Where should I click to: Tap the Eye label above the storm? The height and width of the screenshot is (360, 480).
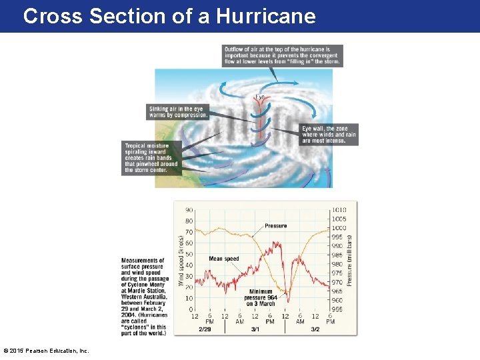tap(260, 97)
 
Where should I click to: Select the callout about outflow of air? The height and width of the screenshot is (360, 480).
tap(283, 55)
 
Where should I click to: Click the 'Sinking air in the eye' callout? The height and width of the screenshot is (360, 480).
tap(178, 111)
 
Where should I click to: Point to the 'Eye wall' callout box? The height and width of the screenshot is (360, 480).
tap(329, 135)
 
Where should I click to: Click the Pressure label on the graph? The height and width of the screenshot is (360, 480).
tap(276, 226)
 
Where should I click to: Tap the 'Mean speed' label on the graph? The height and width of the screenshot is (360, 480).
tap(223, 259)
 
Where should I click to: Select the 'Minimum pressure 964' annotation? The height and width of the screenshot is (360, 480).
tap(260, 297)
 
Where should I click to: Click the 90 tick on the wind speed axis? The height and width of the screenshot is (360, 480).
tap(189, 210)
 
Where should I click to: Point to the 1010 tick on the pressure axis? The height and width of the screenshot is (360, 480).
tap(339, 210)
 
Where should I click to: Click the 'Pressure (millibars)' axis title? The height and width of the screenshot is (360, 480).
tap(349, 260)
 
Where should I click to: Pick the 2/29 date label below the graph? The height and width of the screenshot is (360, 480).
tap(205, 329)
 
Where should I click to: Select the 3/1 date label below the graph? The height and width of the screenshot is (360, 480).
tap(255, 329)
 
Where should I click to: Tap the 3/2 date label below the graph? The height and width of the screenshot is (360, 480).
tap(315, 329)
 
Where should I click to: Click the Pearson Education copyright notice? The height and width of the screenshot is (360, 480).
tap(46, 351)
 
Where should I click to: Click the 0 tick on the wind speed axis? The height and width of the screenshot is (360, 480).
tap(191, 309)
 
